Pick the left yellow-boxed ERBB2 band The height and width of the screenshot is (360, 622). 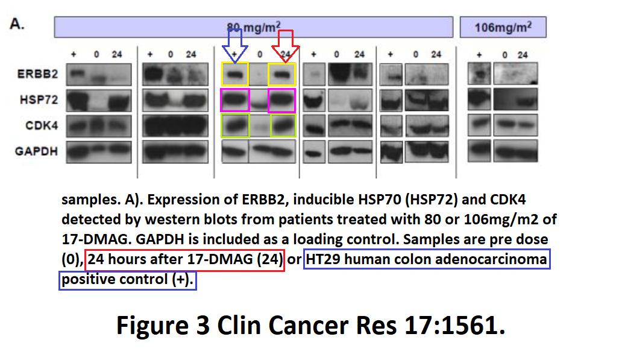235,74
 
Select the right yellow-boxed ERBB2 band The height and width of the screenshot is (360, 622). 282,74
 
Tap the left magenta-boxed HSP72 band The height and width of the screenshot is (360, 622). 235,100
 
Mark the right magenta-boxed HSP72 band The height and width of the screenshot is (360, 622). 282,100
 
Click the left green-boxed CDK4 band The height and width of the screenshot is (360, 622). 235,126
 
